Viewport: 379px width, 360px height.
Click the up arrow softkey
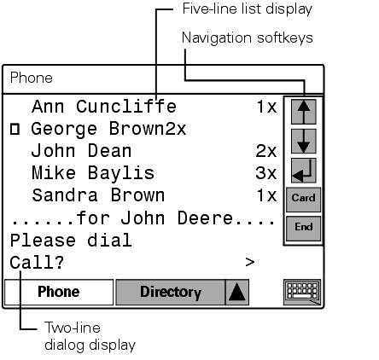(304, 112)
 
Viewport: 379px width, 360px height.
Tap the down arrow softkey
(304, 141)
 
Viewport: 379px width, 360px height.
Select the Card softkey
(303, 199)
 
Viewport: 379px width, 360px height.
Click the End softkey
(303, 228)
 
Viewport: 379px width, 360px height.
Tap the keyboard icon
(302, 293)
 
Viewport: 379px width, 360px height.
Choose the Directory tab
(171, 292)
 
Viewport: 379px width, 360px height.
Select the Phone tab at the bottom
(59, 292)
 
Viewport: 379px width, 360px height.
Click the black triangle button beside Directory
(237, 292)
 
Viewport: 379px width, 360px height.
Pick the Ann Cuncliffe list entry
(104, 107)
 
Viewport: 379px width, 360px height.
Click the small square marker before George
(15, 129)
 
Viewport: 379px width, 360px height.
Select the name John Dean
(81, 151)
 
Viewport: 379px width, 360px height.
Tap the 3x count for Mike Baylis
(266, 173)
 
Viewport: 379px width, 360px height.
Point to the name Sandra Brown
(98, 195)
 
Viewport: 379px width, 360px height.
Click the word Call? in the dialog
(37, 262)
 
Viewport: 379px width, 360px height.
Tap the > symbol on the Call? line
(250, 262)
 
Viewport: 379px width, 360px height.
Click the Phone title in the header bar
(32, 78)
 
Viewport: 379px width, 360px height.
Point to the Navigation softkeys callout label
(248, 38)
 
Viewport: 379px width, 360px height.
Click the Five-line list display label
(248, 9)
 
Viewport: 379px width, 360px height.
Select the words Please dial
(71, 241)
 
